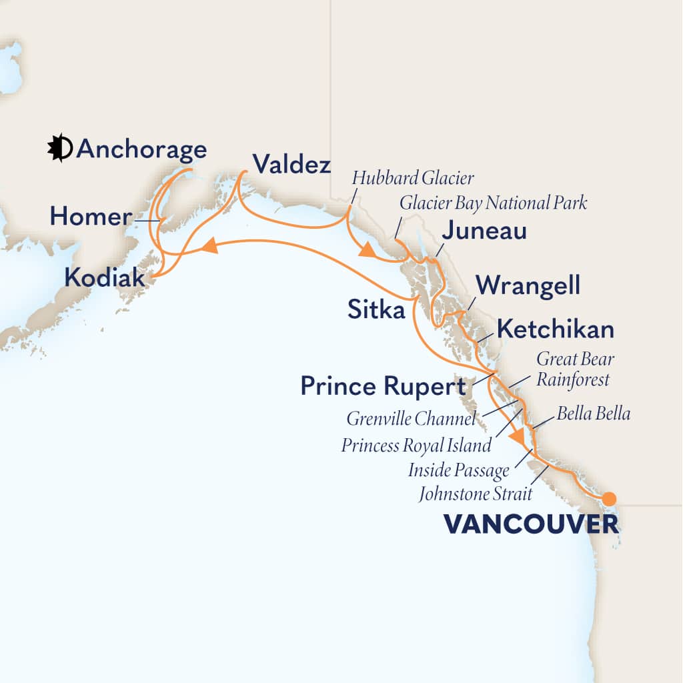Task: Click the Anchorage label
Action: (x=141, y=149)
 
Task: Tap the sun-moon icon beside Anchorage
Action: (x=59, y=148)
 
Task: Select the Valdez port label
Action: (x=291, y=164)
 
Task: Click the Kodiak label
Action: (x=104, y=277)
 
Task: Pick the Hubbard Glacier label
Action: (x=413, y=178)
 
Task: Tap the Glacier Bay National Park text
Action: (x=493, y=203)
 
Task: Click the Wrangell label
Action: (x=528, y=286)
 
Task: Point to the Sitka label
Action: (x=376, y=309)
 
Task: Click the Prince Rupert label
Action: (x=383, y=386)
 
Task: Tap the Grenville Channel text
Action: (x=412, y=420)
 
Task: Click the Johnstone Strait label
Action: (x=476, y=494)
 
